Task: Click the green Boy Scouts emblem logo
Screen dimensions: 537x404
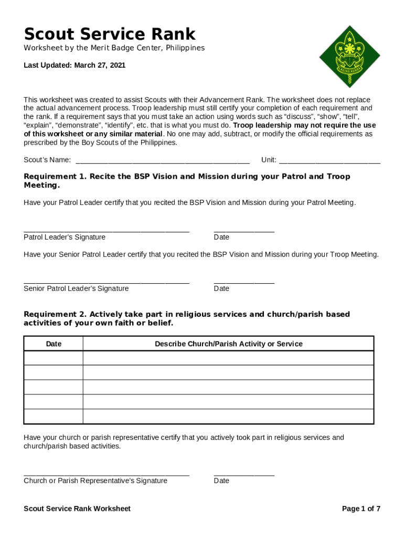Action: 349,56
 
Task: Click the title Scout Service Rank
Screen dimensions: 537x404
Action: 110,34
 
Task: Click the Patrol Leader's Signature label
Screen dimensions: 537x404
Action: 65,237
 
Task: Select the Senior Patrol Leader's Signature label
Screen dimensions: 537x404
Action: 76,288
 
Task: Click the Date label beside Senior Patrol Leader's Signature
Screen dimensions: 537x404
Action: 221,288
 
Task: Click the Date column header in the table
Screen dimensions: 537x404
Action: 54,344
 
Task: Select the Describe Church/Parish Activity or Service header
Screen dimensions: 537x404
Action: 228,344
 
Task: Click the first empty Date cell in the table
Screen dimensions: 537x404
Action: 54,358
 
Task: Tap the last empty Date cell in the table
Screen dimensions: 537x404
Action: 54,416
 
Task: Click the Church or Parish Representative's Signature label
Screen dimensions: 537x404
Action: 95,481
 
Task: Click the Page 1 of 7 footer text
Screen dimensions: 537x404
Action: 361,509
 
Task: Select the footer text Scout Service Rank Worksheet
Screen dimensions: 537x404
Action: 77,509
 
